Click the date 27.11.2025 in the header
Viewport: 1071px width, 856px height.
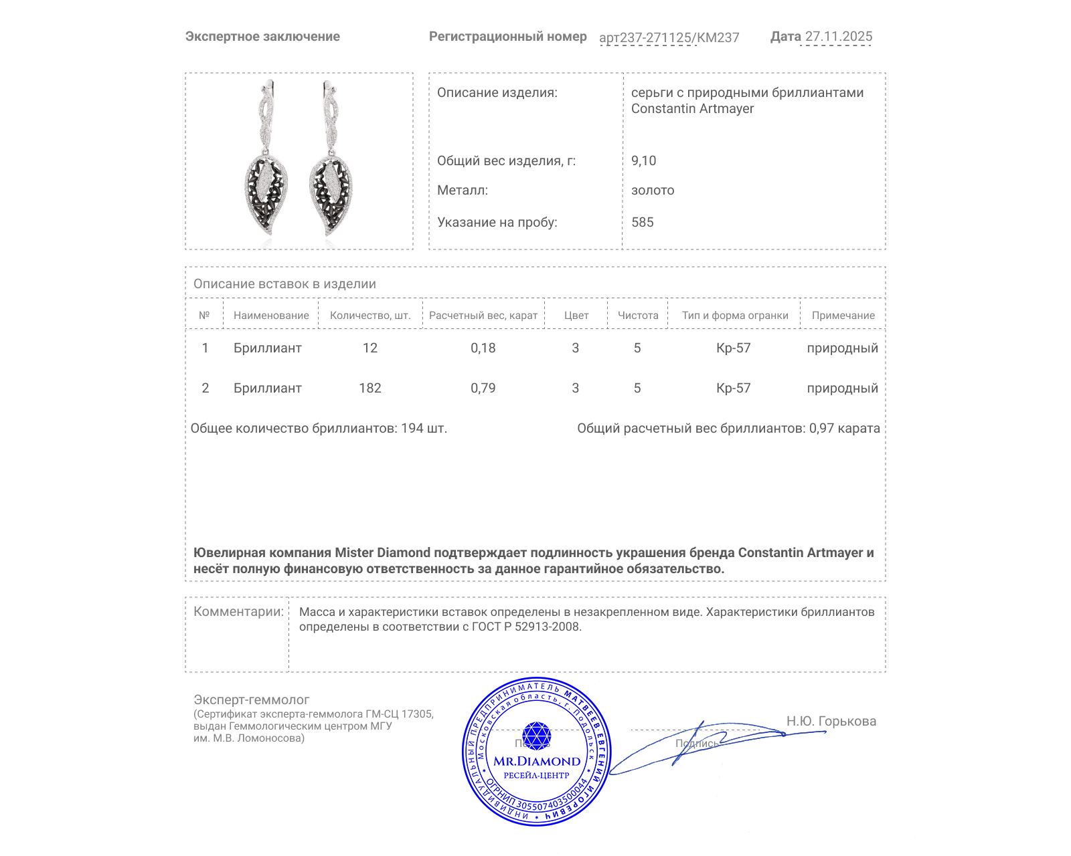pyautogui.click(x=838, y=37)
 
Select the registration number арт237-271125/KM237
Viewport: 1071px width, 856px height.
pyautogui.click(x=669, y=37)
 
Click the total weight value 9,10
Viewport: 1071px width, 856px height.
pyautogui.click(x=643, y=160)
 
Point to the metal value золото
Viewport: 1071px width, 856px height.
pyautogui.click(x=653, y=190)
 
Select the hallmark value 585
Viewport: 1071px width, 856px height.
pyautogui.click(x=642, y=222)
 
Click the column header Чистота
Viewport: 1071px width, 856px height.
pyautogui.click(x=637, y=316)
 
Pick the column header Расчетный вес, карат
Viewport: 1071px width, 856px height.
pyautogui.click(x=483, y=316)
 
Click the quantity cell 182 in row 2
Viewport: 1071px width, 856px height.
pyautogui.click(x=369, y=388)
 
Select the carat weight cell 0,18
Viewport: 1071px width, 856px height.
pyautogui.click(x=483, y=348)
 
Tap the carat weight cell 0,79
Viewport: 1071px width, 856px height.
pyautogui.click(x=483, y=388)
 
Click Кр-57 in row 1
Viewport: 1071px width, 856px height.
pyautogui.click(x=733, y=348)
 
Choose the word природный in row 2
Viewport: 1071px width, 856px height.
pyautogui.click(x=842, y=388)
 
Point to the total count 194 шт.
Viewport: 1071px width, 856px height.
pyautogui.click(x=424, y=428)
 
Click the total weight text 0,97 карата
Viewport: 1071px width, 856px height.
pyautogui.click(x=844, y=428)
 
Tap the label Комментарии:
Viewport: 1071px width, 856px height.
pyautogui.click(x=238, y=611)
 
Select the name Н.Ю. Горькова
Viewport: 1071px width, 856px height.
pyautogui.click(x=831, y=721)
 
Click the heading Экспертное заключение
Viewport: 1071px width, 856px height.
pyautogui.click(x=262, y=37)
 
